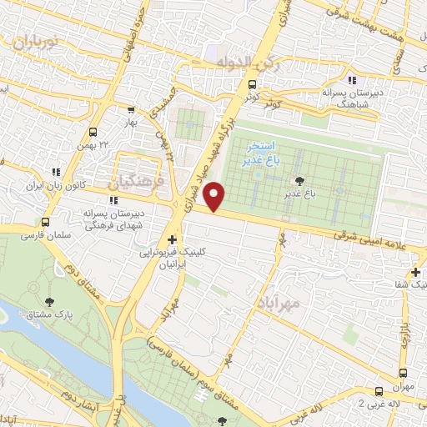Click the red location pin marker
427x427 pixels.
coord(216,197)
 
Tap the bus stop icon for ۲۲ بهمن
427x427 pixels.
coord(93,132)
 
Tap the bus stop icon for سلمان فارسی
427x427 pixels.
coord(45,224)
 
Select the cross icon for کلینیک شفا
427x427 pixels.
coord(415,272)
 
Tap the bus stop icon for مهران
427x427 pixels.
coord(403,373)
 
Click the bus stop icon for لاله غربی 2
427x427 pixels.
coord(379,389)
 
